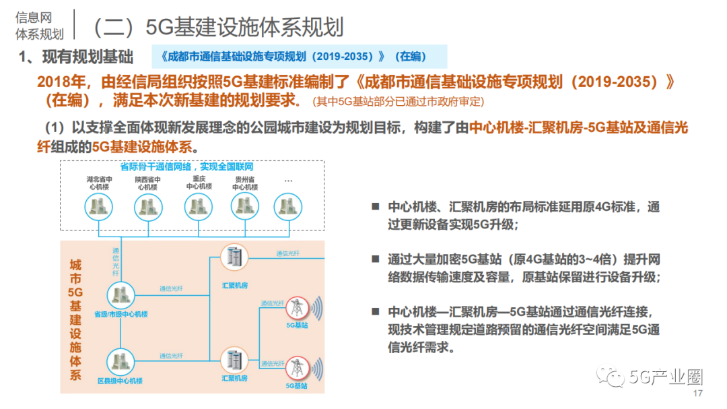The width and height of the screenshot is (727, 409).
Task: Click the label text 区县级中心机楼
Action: pos(120,381)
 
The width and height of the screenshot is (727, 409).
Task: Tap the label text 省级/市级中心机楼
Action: pos(120,314)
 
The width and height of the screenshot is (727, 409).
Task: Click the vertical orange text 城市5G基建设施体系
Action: pos(75,320)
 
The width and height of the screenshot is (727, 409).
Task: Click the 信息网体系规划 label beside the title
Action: pos(39,26)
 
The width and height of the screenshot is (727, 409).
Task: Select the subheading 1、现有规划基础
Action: pos(76,57)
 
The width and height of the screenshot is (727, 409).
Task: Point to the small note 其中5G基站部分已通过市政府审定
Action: pos(398,102)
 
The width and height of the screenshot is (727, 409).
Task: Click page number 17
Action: pos(697,394)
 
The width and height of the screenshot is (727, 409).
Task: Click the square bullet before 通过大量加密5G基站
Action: pos(375,259)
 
